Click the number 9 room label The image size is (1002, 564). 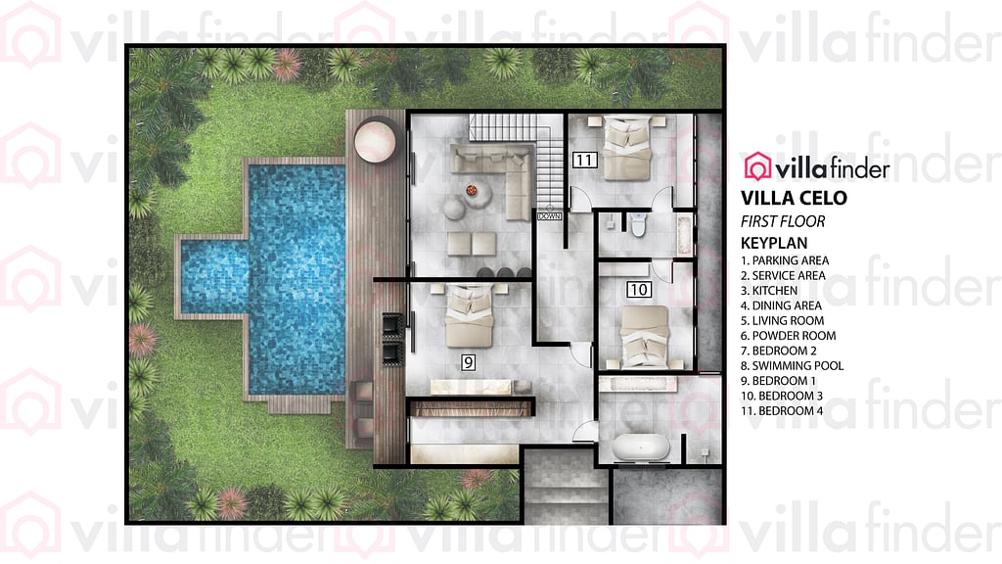coord(470,362)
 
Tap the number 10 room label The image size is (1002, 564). coord(639,290)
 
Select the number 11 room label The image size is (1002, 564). coord(585,161)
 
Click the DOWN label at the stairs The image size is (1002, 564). coord(549,215)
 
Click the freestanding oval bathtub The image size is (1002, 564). coord(642,448)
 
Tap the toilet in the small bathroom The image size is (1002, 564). coord(638,225)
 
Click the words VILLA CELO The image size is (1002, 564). coord(795,198)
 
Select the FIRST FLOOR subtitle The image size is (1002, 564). coord(783,221)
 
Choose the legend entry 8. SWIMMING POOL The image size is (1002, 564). coord(793,366)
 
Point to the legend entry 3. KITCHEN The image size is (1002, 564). coord(769,291)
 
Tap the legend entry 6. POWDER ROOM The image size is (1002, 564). coord(789,336)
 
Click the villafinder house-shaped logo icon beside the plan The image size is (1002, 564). coord(757,167)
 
